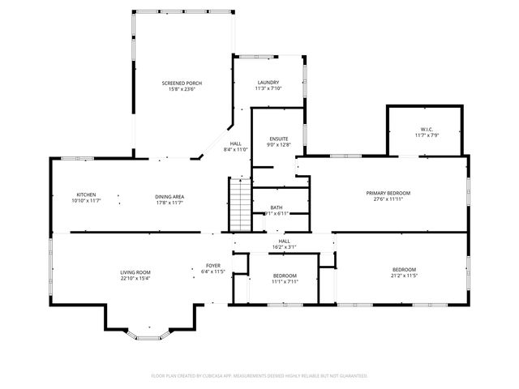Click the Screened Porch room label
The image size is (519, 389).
point(182,83)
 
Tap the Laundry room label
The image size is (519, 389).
point(268,83)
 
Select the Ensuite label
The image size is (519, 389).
point(279,139)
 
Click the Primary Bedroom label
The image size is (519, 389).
point(388,193)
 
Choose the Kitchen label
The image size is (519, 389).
point(87,194)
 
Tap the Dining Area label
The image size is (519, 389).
point(170,196)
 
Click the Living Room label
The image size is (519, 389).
point(135,272)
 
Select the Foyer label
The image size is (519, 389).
point(212,266)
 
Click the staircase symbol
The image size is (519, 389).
point(240,205)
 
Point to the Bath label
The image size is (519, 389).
point(277,207)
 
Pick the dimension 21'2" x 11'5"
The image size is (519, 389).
point(404,276)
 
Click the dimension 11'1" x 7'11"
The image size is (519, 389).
point(284,282)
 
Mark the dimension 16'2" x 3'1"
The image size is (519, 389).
point(284,247)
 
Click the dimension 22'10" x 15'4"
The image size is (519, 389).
point(135,279)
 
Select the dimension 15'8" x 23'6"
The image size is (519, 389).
point(182,89)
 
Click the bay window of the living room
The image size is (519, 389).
point(148,331)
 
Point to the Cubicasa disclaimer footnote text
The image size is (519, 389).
point(259,376)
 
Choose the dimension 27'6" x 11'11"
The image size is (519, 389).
point(388,199)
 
